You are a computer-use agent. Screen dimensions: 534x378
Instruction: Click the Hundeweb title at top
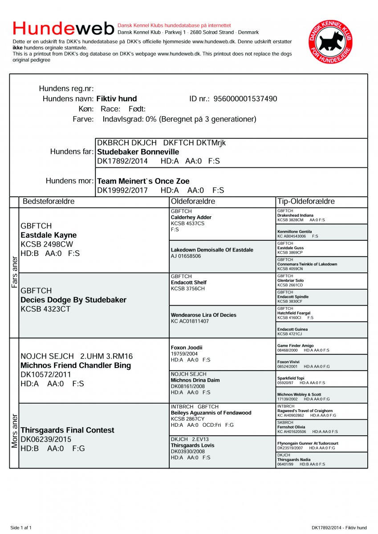tap(64, 28)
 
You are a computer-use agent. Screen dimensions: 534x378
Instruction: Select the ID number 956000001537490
tap(245, 99)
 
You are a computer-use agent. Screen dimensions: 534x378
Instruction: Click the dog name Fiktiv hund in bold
tap(117, 99)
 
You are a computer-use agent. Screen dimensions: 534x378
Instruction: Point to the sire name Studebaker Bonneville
tap(138, 152)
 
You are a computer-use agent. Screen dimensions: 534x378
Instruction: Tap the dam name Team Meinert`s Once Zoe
tap(143, 181)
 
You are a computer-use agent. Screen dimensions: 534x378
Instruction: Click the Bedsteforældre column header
tap(49, 202)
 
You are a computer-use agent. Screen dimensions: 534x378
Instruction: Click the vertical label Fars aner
tap(14, 271)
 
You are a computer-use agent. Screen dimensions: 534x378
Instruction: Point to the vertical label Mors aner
tap(14, 431)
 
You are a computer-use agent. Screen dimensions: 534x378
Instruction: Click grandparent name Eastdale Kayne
tap(49, 235)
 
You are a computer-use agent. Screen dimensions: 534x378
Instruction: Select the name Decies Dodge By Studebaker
tap(73, 300)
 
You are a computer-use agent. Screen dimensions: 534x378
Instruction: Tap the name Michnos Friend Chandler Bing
tap(76, 365)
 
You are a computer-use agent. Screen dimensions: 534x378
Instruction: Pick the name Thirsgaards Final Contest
tap(67, 430)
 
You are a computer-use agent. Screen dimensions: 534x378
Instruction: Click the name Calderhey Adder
tap(191, 218)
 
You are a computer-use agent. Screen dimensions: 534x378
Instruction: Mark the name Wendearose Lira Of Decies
tap(203, 315)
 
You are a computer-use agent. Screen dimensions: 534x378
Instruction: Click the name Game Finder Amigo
tap(295, 346)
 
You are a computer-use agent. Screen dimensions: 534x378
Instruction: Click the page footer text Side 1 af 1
tap(21, 528)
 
